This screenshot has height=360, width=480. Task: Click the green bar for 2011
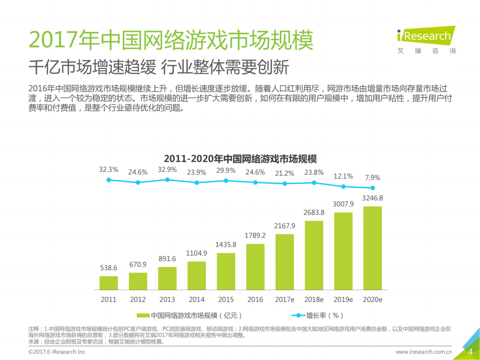pos(108,283)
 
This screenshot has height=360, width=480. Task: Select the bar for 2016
pos(255,266)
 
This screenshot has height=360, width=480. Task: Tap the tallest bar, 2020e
pos(372,248)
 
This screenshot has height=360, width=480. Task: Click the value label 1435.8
pos(225,244)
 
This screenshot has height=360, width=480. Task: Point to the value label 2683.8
pos(314,212)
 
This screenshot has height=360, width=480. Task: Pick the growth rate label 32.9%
pos(167,170)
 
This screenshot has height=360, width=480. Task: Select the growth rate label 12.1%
pos(343,176)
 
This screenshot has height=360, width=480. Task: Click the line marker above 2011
pos(109,180)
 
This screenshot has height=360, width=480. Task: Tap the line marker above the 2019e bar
pos(343,187)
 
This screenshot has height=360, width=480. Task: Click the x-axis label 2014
pos(196,299)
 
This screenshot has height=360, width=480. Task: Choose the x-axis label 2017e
pos(285,299)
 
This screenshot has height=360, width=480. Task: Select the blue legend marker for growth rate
pos(298,315)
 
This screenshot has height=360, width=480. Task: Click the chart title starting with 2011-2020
pos(240,158)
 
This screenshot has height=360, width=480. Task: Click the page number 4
pos(470,352)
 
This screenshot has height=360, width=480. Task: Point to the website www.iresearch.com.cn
pos(423,352)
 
